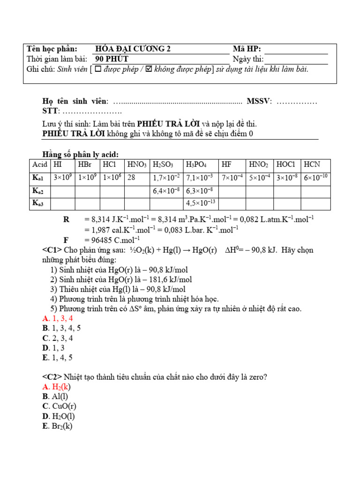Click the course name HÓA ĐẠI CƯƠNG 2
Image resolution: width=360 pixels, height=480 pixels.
point(133,49)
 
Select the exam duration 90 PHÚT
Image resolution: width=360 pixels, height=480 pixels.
point(112,59)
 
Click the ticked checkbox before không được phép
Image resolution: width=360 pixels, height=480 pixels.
point(149,69)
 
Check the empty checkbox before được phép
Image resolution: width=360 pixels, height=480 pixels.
point(98,69)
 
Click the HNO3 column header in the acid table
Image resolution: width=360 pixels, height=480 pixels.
point(137,165)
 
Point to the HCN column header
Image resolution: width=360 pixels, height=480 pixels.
point(312,165)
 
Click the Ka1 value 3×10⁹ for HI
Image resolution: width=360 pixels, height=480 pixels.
point(62,178)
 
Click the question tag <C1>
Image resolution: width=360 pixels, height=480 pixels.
point(52,250)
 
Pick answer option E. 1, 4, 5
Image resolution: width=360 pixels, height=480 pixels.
point(57,358)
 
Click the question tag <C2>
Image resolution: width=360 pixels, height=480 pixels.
point(52,377)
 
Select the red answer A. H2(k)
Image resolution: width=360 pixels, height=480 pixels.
point(56,387)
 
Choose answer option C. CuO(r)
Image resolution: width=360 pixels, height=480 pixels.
point(59,406)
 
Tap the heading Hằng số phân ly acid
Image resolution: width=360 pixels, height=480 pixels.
point(80,154)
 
